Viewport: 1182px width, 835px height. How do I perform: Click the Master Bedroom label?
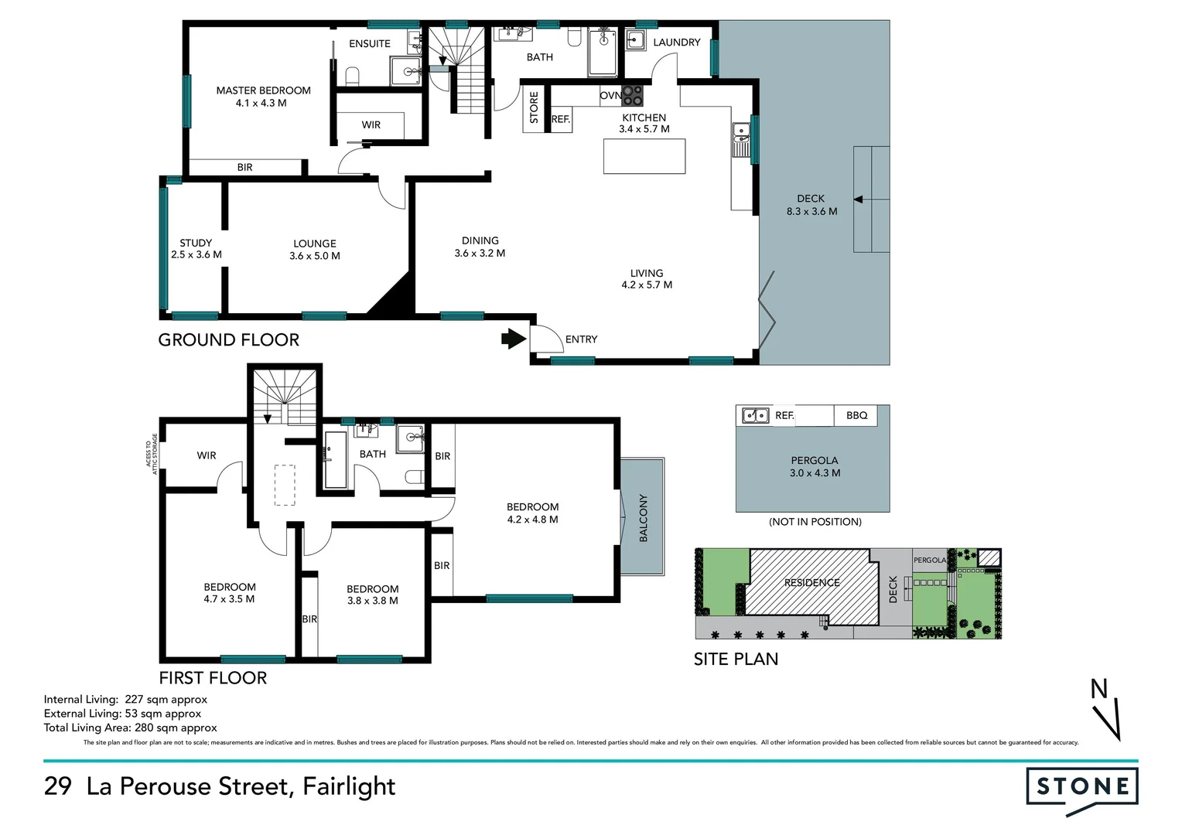(263, 90)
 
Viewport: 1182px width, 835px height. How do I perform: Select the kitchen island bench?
(644, 156)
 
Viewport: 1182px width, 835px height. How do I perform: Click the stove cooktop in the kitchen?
(633, 95)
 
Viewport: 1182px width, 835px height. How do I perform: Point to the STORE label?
(534, 107)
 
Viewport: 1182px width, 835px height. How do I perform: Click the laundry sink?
(636, 41)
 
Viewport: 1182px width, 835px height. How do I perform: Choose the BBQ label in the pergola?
(856, 415)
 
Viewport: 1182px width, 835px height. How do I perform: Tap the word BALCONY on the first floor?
(643, 518)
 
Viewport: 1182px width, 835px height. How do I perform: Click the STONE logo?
(1082, 788)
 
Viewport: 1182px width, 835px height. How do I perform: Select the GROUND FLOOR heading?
(228, 340)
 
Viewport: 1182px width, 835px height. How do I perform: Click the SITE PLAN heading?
(736, 659)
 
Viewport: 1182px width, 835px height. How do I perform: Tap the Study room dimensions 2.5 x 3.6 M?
(196, 254)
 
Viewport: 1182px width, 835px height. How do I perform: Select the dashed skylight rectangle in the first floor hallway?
(285, 485)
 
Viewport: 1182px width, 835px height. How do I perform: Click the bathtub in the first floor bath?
(335, 460)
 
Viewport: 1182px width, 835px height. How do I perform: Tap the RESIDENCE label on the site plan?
(811, 583)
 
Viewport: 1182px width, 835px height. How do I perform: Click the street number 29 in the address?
(58, 786)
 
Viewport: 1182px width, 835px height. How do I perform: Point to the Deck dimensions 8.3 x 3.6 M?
(811, 211)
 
